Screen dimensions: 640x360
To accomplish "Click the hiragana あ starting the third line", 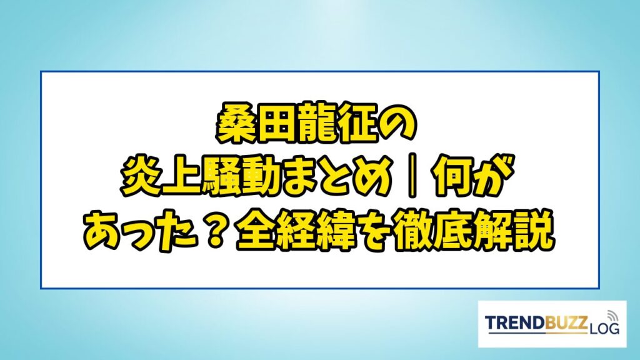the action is [104, 234].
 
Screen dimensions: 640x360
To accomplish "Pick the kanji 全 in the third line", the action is [257, 234].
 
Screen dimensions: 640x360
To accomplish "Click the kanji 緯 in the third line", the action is [337, 234].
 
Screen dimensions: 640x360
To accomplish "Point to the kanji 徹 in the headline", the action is [416, 234].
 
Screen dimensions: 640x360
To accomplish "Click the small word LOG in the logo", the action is [604, 327].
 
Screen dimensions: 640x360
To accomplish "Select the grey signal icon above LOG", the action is [612, 316].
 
